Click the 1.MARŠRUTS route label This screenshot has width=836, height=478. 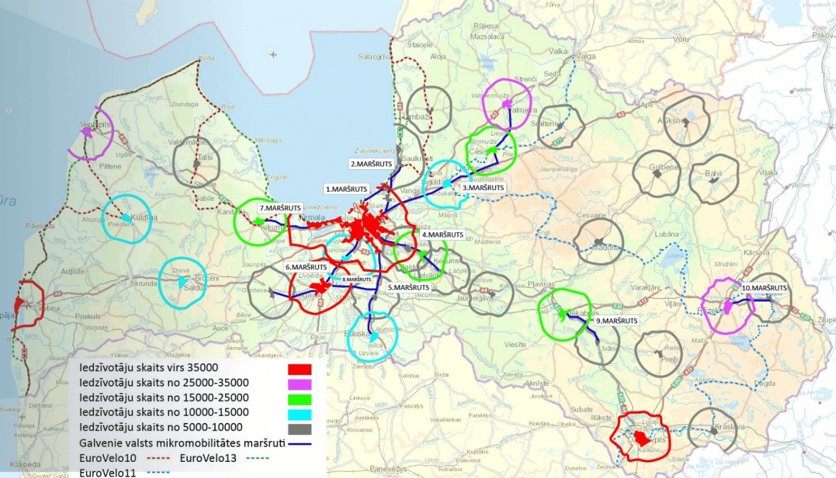(346, 188)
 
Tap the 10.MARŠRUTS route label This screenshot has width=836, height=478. (764, 287)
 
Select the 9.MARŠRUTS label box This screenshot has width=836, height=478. (617, 321)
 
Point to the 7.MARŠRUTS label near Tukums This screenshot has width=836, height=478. (280, 208)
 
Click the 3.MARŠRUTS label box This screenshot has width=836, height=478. (484, 188)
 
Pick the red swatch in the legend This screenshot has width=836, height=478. (299, 367)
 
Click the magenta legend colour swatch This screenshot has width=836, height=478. (299, 382)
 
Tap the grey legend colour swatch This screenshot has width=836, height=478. (299, 428)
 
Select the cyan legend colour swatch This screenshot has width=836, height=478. (299, 413)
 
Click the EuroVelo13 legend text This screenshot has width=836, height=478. (209, 458)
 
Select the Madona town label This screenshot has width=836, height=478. (604, 247)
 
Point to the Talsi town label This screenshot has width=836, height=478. (205, 157)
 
